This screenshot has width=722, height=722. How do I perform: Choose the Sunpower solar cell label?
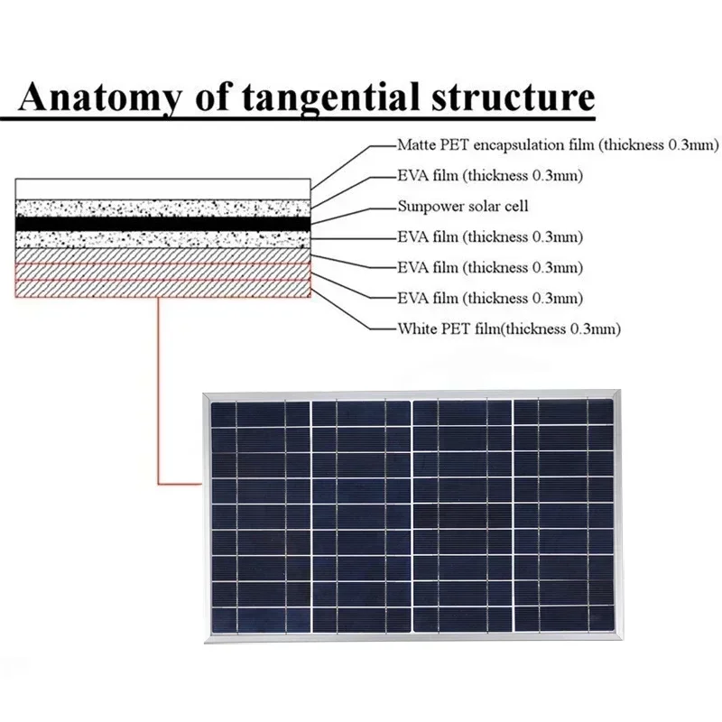coord(463,206)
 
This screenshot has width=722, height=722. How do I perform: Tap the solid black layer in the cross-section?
coord(162,222)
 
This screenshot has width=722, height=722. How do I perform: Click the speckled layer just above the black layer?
coord(162,206)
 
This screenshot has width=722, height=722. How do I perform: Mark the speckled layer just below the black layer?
coord(162,238)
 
